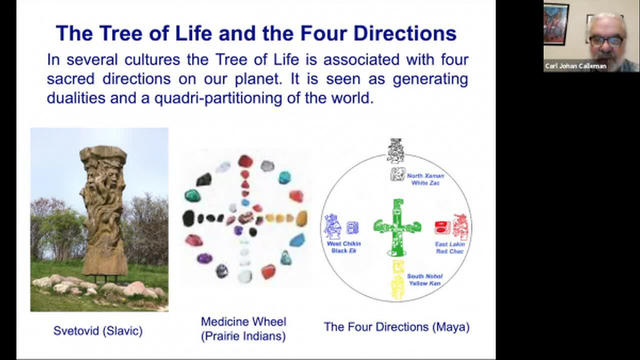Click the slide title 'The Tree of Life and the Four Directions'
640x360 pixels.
coord(256,33)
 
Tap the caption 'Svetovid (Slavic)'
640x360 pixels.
coord(98,330)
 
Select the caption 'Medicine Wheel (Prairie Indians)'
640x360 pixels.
coord(243,328)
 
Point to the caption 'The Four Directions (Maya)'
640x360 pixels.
coord(396,327)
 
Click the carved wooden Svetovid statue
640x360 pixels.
coord(103,210)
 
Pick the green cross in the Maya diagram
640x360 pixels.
coord(397,227)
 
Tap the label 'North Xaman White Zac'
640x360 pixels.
coord(425,179)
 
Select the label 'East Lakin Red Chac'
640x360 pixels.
coord(450,247)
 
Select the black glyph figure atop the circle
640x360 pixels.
coord(395,150)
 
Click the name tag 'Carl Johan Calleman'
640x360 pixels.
coord(575,66)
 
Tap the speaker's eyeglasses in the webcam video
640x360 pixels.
coord(606,41)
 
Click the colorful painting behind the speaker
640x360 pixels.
coord(556,24)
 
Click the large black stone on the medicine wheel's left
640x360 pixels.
coord(188,218)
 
